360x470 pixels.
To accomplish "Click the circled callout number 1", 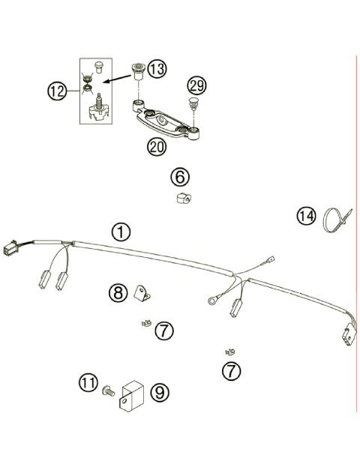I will [120, 231].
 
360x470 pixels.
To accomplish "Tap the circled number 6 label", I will [180, 177].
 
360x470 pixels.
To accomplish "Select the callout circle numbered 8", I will [117, 293].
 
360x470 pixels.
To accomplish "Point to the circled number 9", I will [158, 391].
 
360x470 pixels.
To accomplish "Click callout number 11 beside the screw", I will [88, 383].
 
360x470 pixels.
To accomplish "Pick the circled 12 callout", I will [57, 91].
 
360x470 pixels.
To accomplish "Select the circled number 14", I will [305, 217].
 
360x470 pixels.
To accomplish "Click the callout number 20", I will [156, 146].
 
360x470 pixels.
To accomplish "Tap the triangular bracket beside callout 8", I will [142, 293].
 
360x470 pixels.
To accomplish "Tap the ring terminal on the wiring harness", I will [211, 302].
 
